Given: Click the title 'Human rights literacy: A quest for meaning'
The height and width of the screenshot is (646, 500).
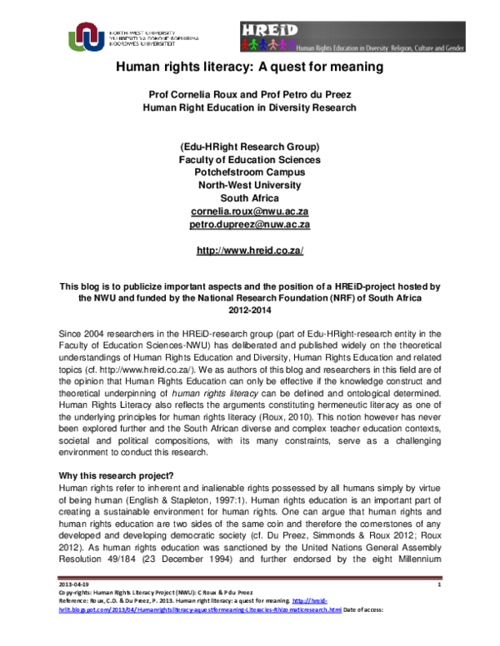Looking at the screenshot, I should coord(250,67).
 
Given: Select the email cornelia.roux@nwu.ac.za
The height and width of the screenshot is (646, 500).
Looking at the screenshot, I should coord(251,211).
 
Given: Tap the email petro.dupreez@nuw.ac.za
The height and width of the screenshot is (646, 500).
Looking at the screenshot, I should coord(251,225).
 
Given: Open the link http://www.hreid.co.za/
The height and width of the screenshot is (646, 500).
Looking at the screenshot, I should coord(250,251).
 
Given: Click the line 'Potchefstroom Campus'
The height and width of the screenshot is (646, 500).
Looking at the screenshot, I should coord(251,172).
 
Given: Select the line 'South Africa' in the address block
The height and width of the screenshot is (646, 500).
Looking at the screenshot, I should coord(251,198).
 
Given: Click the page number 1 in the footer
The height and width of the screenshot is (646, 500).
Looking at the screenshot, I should coord(438,610).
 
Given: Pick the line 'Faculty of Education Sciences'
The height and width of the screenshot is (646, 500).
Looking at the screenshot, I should coord(251,160).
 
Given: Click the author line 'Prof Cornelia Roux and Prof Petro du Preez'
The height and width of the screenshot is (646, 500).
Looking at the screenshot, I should coord(251,94).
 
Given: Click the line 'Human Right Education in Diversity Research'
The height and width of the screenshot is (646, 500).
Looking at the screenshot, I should coord(251,107).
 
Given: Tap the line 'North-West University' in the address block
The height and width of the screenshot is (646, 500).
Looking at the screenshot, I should coord(251,186).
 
